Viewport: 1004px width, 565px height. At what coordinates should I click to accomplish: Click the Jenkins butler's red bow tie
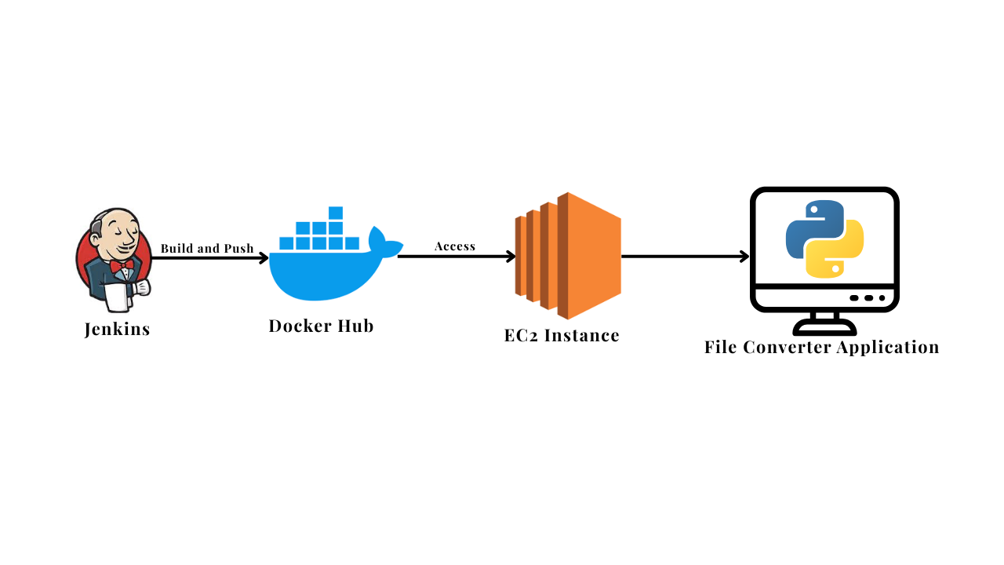click(122, 266)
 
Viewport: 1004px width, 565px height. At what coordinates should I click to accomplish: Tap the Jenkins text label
click(117, 329)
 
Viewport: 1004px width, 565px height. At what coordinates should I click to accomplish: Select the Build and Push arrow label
click(207, 248)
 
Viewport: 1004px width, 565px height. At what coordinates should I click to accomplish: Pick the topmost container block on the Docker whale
click(336, 213)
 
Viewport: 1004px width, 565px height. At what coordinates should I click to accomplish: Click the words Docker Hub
click(321, 326)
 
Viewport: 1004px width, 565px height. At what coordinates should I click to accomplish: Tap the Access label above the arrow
click(455, 246)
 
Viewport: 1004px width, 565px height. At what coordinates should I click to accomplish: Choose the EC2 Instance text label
click(562, 336)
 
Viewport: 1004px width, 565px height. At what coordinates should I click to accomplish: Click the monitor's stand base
click(824, 327)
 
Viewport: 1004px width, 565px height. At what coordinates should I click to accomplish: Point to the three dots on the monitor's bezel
click(868, 298)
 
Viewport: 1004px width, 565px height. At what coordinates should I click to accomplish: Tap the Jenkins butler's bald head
click(117, 219)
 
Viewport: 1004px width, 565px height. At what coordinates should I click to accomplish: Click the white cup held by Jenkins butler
click(115, 297)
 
